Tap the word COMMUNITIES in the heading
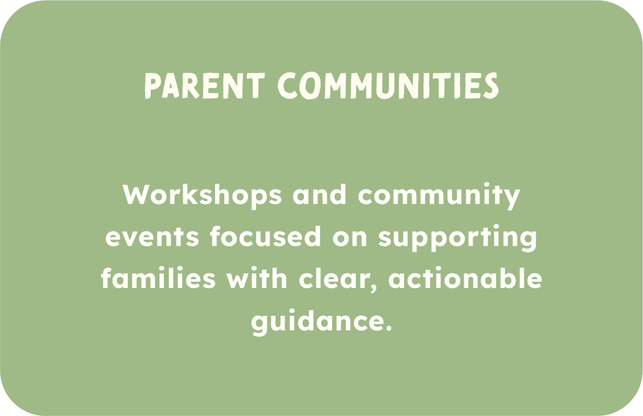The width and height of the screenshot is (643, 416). point(388,86)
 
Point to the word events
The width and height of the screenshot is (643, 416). point(152,237)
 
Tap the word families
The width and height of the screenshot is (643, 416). point(158,278)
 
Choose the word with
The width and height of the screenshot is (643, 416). point(257,278)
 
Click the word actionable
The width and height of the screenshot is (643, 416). point(465,278)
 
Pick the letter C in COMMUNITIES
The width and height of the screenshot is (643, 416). point(287,86)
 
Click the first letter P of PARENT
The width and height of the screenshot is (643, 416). point(152,86)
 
